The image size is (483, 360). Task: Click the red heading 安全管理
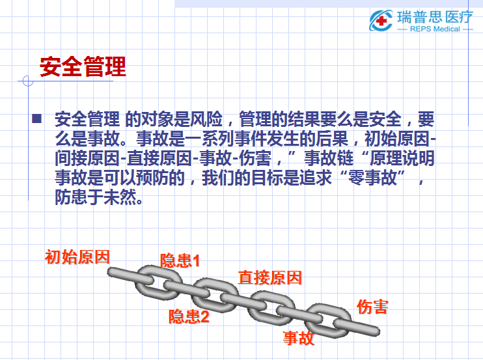pyautogui.click(x=83, y=66)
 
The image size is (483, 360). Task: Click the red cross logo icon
pyautogui.click(x=381, y=20)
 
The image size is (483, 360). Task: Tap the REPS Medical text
pyautogui.click(x=435, y=29)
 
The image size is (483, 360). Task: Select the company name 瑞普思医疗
pyautogui.click(x=435, y=17)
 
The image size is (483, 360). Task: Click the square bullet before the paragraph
pyautogui.click(x=36, y=118)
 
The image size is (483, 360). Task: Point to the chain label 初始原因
pyautogui.click(x=77, y=257)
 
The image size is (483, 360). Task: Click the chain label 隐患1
pyautogui.click(x=180, y=260)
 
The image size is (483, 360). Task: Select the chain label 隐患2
pyautogui.click(x=189, y=316)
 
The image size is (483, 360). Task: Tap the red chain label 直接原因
pyautogui.click(x=270, y=277)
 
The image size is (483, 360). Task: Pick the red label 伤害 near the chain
pyautogui.click(x=372, y=307)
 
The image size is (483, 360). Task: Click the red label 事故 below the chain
pyautogui.click(x=299, y=338)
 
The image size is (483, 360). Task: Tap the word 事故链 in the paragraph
pyautogui.click(x=329, y=158)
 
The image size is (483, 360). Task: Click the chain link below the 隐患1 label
pyautogui.click(x=158, y=283)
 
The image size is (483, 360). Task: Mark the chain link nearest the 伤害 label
pyautogui.click(x=328, y=320)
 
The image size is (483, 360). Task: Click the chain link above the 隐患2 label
pyautogui.click(x=215, y=296)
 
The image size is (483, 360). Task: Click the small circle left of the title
pyautogui.click(x=28, y=81)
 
